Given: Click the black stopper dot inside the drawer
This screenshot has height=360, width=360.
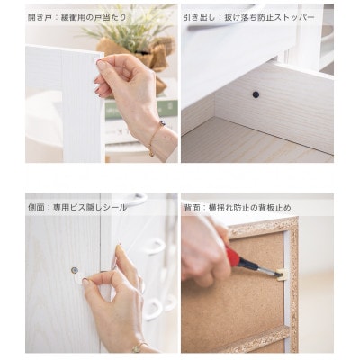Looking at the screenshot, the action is (x=256, y=94).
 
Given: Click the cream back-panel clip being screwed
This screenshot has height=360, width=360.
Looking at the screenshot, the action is (x=282, y=274).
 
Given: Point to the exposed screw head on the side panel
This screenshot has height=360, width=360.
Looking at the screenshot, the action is (x=75, y=270).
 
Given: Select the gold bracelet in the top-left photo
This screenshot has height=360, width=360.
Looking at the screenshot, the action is (x=156, y=138).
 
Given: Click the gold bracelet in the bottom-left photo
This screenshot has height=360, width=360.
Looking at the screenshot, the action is (x=139, y=347).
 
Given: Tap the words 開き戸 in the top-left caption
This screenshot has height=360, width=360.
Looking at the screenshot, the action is (x=38, y=17).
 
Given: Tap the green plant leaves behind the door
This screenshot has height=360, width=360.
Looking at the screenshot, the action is (x=132, y=28).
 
